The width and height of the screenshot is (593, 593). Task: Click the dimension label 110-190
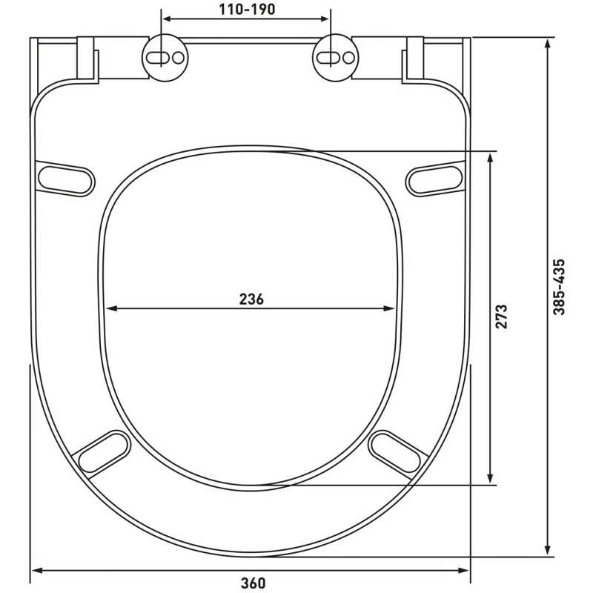click(x=247, y=10)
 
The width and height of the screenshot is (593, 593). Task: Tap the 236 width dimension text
click(x=251, y=299)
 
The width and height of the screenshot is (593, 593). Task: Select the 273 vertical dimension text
click(x=501, y=317)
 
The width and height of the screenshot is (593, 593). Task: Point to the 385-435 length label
click(x=559, y=287)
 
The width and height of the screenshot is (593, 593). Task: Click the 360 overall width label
click(x=253, y=583)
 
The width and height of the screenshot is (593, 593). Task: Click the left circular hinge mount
click(x=165, y=58)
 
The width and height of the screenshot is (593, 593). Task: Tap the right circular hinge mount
click(x=336, y=58)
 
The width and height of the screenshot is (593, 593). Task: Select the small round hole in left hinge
click(x=178, y=58)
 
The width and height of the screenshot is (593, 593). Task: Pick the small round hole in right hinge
click(x=348, y=58)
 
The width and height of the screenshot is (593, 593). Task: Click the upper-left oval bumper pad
click(x=65, y=179)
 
